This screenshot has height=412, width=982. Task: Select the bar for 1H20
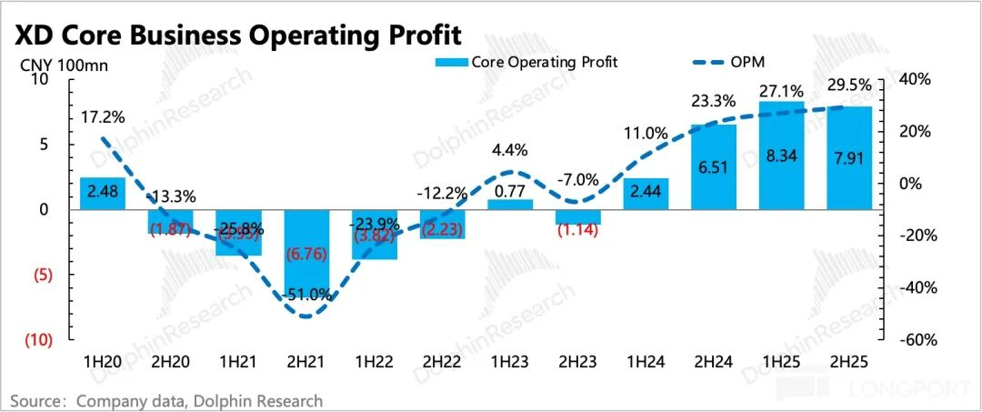[102, 193]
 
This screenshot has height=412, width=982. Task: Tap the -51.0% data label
[306, 295]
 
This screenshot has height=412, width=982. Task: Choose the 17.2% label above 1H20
[102, 117]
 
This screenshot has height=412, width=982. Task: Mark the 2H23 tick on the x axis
[577, 361]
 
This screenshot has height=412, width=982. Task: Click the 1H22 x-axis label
[374, 361]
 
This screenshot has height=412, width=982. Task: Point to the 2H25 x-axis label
[849, 361]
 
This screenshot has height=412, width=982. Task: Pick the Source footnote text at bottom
[166, 400]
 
